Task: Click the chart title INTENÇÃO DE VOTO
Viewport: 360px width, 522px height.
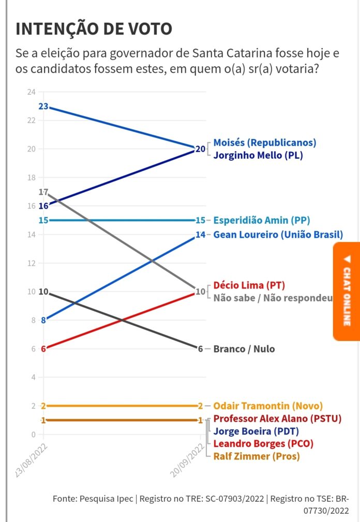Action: point(94,29)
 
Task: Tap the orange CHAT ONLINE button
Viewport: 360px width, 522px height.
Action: point(347,291)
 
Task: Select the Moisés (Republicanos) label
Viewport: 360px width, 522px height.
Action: point(264,143)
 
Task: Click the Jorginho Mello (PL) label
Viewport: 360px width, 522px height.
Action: point(258,155)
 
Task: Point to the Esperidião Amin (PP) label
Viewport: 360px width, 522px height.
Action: point(261,220)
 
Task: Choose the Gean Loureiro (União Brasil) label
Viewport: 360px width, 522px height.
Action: point(278,235)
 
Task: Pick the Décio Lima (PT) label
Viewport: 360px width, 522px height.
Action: point(249,285)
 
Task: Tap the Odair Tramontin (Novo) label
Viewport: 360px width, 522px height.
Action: point(267,406)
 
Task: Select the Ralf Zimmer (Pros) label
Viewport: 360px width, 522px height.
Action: point(256,456)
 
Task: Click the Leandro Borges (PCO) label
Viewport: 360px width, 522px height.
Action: point(263,443)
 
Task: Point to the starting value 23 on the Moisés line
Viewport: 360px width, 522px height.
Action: point(43,106)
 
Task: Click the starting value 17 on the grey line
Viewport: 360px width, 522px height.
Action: point(43,192)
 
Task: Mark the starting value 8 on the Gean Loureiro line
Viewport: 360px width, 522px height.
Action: point(43,320)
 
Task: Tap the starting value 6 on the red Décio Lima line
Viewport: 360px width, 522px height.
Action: point(43,349)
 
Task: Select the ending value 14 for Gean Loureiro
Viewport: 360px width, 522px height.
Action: point(201,235)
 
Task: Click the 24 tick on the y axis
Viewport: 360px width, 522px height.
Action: point(31,92)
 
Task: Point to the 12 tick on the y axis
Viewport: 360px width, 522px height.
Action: point(31,263)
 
